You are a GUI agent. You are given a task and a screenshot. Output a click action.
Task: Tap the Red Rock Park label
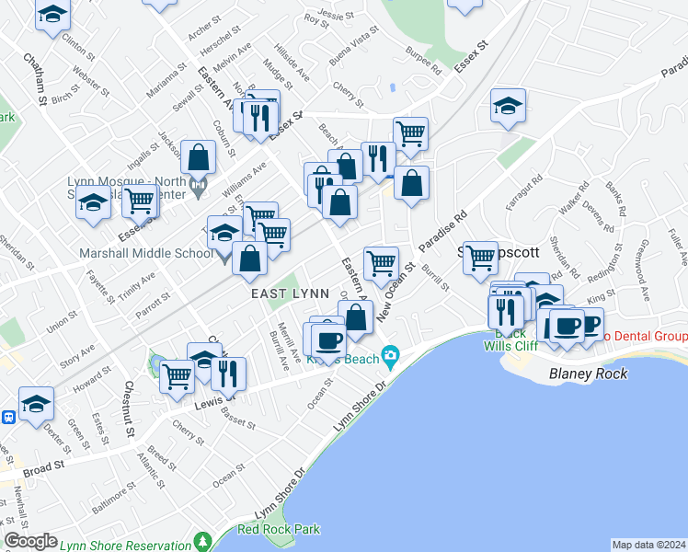279,529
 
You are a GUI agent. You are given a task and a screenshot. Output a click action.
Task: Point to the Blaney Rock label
588,374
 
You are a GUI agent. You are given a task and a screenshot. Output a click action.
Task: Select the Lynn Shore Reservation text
126,545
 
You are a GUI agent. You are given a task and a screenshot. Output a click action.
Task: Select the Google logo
30,541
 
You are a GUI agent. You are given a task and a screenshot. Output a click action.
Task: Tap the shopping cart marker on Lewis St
178,375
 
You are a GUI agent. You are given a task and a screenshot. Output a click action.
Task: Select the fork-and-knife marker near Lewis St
227,373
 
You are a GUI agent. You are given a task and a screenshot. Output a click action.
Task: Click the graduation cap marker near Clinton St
53,14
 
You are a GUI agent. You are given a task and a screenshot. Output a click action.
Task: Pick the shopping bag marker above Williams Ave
199,157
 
